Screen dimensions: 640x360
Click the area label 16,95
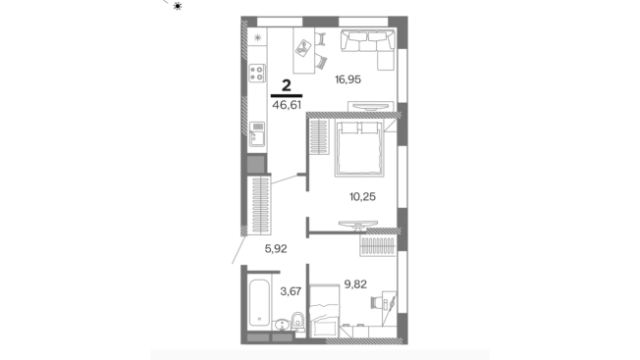pos(347,79)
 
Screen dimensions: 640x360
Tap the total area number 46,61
pos(287,105)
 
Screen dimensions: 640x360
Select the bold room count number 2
pos(287,85)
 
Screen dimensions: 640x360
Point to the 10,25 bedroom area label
pos(362,197)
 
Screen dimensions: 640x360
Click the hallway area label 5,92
pos(276,248)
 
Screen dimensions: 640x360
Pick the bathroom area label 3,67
pos(291,291)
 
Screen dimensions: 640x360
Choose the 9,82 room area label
pos(355,284)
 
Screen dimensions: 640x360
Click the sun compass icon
pos(178,6)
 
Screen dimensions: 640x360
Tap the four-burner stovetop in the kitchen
pos(257,74)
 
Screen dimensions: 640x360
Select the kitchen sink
pos(257,134)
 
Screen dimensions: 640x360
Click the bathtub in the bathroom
pos(259,302)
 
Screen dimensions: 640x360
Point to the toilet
pos(298,322)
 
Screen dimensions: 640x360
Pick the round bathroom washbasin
pos(282,325)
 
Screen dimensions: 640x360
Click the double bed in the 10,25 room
pos(359,149)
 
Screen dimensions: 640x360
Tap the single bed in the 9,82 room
pos(325,311)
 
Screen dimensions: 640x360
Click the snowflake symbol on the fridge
pos(257,38)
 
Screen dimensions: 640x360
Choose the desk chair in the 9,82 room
pos(376,302)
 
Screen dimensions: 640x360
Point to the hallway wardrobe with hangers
pos(259,204)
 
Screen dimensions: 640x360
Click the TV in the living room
pos(371,106)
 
